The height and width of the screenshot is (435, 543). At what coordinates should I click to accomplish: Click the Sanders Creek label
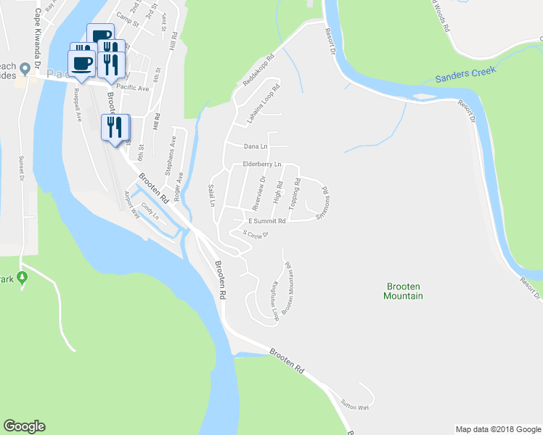click(465, 74)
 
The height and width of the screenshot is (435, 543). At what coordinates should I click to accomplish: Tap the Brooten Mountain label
click(404, 291)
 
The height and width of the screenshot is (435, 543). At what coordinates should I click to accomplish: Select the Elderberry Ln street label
click(261, 165)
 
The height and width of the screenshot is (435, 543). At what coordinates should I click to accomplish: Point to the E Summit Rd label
click(267, 220)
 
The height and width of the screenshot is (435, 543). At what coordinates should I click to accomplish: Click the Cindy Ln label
click(150, 212)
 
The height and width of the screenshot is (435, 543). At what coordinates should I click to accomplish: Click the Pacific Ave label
click(133, 88)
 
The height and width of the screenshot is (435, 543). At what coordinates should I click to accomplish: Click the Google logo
click(24, 426)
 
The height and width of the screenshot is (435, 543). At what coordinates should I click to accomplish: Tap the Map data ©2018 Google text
click(498, 429)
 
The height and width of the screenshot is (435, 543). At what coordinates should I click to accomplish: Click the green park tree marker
click(23, 278)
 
